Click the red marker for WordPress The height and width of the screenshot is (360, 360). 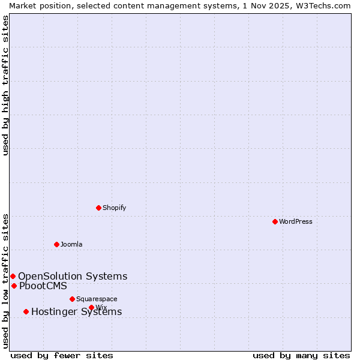[x=275, y=221]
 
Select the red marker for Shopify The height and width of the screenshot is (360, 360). [x=99, y=208]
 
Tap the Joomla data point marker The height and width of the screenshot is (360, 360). [x=57, y=244]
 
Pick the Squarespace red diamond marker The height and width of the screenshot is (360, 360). [x=73, y=299]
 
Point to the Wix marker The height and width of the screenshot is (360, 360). [x=91, y=307]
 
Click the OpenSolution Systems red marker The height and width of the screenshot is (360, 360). [x=13, y=276]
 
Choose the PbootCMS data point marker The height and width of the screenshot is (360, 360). [x=14, y=286]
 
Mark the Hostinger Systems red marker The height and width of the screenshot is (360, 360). [x=26, y=311]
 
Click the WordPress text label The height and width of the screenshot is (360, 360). [x=296, y=221]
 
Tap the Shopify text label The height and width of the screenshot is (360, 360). [x=115, y=208]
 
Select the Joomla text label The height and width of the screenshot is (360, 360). [x=71, y=244]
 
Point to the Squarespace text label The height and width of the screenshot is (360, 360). [x=97, y=299]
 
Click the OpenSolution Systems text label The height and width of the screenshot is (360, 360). [x=73, y=276]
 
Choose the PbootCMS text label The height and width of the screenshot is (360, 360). [x=43, y=286]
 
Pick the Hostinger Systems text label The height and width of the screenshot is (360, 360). [x=77, y=311]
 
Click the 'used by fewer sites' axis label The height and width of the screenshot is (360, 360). [x=62, y=355]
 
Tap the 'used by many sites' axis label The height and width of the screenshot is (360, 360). [x=301, y=355]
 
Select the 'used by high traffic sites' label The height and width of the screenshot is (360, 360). [x=5, y=85]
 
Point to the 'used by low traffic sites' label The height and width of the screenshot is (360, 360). [x=5, y=281]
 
